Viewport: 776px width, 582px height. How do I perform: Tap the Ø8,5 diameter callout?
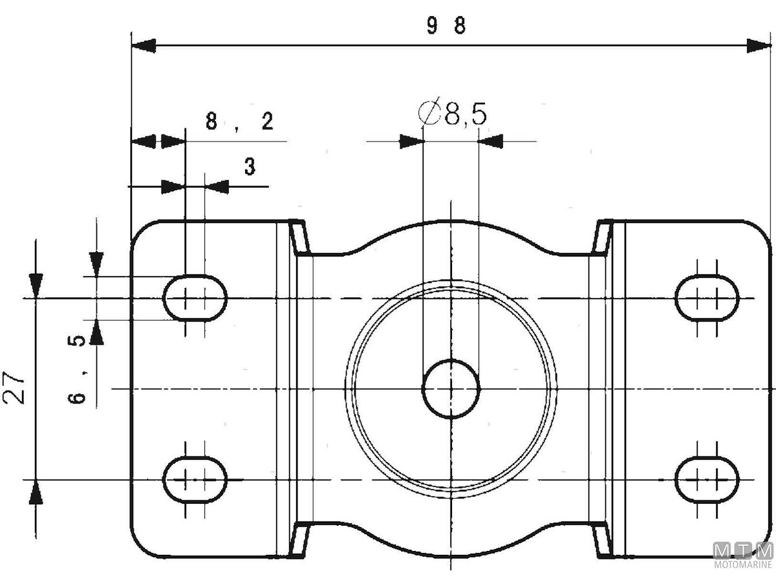point(453,114)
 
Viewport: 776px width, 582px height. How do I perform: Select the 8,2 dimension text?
point(239,122)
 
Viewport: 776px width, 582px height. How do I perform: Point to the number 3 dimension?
point(250,167)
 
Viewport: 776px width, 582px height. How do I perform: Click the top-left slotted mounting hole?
point(195,298)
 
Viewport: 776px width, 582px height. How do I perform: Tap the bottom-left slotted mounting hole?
point(195,479)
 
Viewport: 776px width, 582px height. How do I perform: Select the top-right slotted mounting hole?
point(707,298)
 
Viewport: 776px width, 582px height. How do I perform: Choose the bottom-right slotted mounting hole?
point(707,479)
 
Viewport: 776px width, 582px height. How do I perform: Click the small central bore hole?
point(451,389)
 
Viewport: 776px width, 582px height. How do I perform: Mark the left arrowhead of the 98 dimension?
point(144,45)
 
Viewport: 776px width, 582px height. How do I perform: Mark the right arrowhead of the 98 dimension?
point(759,45)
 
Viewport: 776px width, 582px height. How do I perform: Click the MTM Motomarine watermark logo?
point(743,555)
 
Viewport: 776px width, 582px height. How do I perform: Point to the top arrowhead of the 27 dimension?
point(36,283)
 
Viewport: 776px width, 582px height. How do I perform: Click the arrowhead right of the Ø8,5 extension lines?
point(491,141)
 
